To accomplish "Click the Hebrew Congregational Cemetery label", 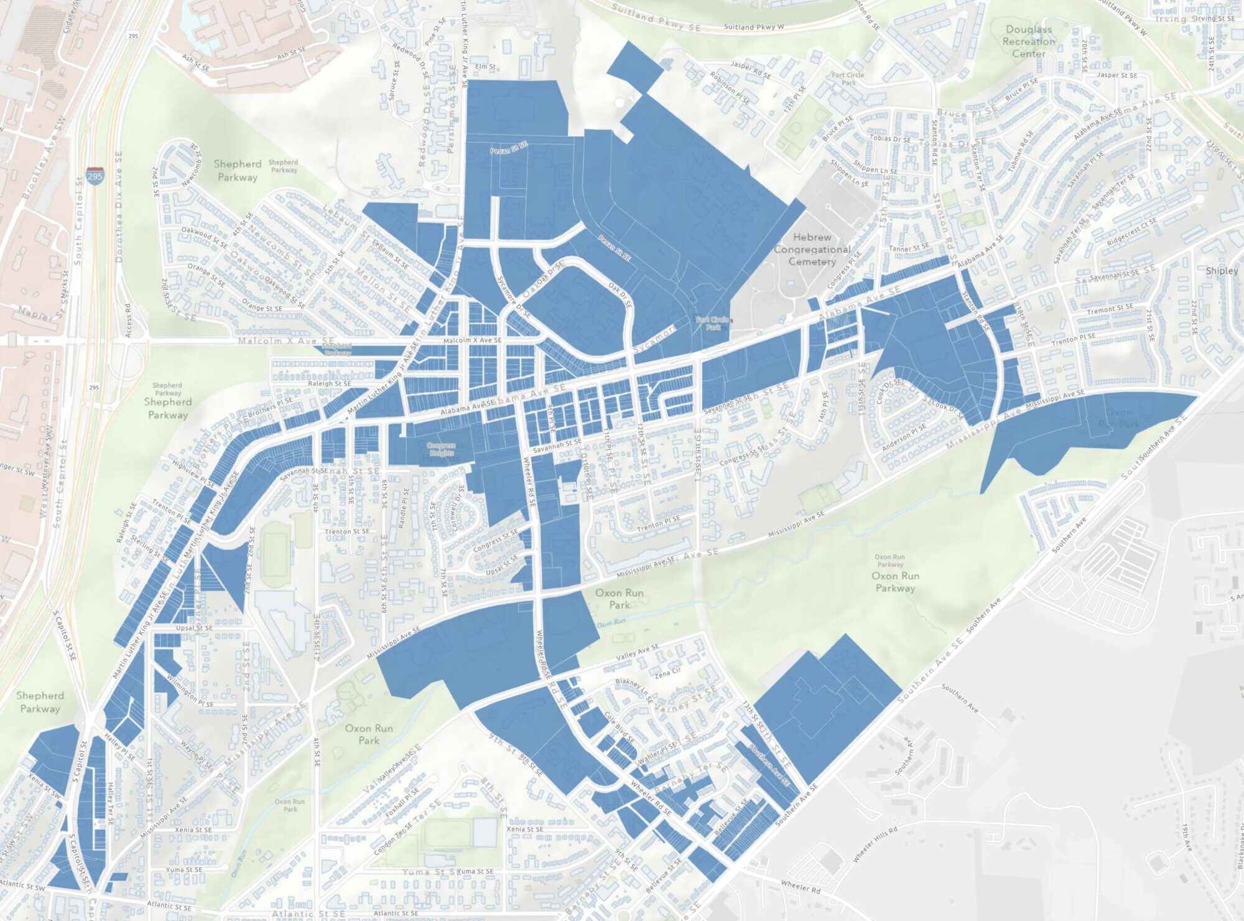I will click(812, 250).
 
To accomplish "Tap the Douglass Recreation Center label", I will click(1028, 42).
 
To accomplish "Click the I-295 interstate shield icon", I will click(95, 175).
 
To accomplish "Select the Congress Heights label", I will click(442, 449).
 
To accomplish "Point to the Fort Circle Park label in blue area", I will click(713, 323).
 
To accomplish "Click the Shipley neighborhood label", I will click(1221, 271).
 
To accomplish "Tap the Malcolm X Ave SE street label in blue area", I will click(472, 340).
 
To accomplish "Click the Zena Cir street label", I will click(667, 672).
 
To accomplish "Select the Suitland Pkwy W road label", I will click(753, 27).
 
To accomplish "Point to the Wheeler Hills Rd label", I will click(875, 844).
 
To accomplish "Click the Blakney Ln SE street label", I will click(632, 686).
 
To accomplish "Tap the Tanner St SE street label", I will click(908, 248).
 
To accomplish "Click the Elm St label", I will click(485, 67).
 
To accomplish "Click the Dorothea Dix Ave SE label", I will click(118, 205).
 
